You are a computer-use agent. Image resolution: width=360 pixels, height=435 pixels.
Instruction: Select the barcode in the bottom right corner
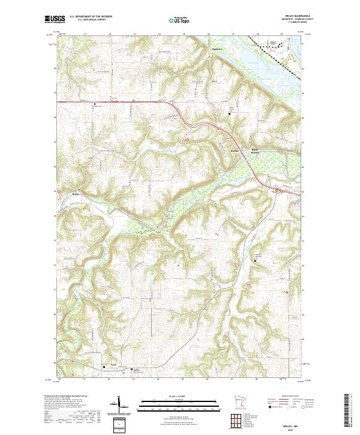coord(349,411)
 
